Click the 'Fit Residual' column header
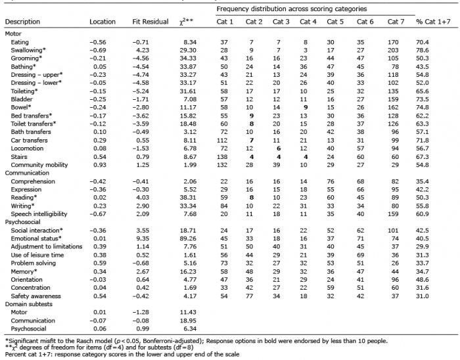pyautogui.click(x=150, y=22)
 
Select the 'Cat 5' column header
pyautogui.click(x=335, y=22)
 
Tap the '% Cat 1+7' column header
pyautogui.click(x=433, y=22)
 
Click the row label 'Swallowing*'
pyautogui.click(x=28, y=50)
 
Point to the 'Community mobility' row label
pyautogui.click(x=39, y=165)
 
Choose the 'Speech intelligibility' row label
pyautogui.click(x=39, y=214)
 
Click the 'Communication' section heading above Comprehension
pyautogui.click(x=27, y=173)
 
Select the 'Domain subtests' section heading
pyautogui.click(x=29, y=304)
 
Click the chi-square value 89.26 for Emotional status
pyautogui.click(x=188, y=238)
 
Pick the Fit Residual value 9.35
pyautogui.click(x=143, y=238)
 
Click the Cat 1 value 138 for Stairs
pyautogui.click(x=222, y=157)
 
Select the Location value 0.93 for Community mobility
pyautogui.click(x=100, y=165)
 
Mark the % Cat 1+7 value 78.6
pyautogui.click(x=423, y=50)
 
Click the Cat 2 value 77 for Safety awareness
pyautogui.click(x=249, y=296)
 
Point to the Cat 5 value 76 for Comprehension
pyautogui.click(x=331, y=181)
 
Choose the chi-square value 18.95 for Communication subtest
pyautogui.click(x=188, y=321)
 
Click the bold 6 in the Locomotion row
pyautogui.click(x=279, y=148)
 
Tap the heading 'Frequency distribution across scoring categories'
pyautogui.click(x=292, y=9)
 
